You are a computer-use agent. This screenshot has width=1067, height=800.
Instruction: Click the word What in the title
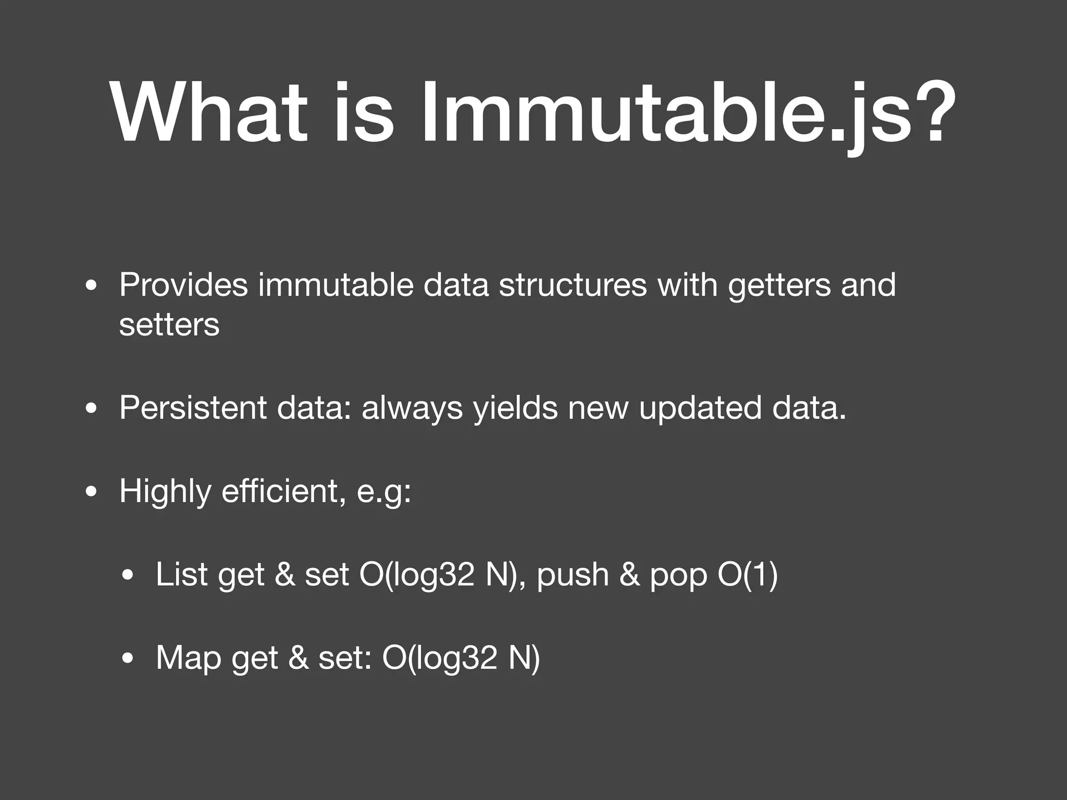pyautogui.click(x=208, y=112)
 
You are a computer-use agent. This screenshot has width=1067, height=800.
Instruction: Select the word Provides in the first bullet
pyautogui.click(x=183, y=285)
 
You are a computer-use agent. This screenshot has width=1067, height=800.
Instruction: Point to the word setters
pyautogui.click(x=169, y=326)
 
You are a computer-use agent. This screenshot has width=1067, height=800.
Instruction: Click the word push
pyautogui.click(x=573, y=576)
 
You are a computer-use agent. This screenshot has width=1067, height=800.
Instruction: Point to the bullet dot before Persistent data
pyautogui.click(x=92, y=409)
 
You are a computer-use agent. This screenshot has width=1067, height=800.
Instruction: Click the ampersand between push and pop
pyautogui.click(x=630, y=574)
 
